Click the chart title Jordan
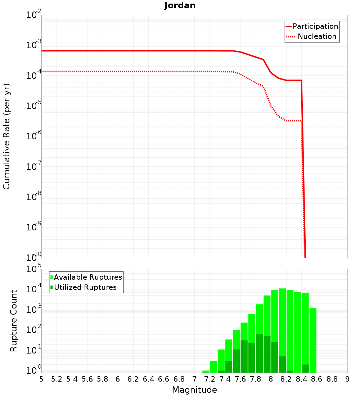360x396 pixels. click(180, 5)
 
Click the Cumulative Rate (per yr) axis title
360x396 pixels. click(6, 136)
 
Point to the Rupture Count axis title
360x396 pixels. click(14, 321)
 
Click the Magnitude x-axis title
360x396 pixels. click(194, 390)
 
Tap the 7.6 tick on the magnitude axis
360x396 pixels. click(240, 379)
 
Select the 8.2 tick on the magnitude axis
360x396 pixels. click(286, 379)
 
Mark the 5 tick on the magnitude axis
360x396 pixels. click(41, 379)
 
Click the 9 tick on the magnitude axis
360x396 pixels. click(347, 379)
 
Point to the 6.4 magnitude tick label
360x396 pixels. click(148, 379)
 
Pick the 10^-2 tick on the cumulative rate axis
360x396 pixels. click(34, 15)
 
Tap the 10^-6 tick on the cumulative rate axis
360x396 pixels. click(34, 136)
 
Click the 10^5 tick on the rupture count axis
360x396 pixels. click(34, 269)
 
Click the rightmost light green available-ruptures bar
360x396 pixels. click(313, 340)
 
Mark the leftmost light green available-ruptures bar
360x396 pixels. click(206, 372)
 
